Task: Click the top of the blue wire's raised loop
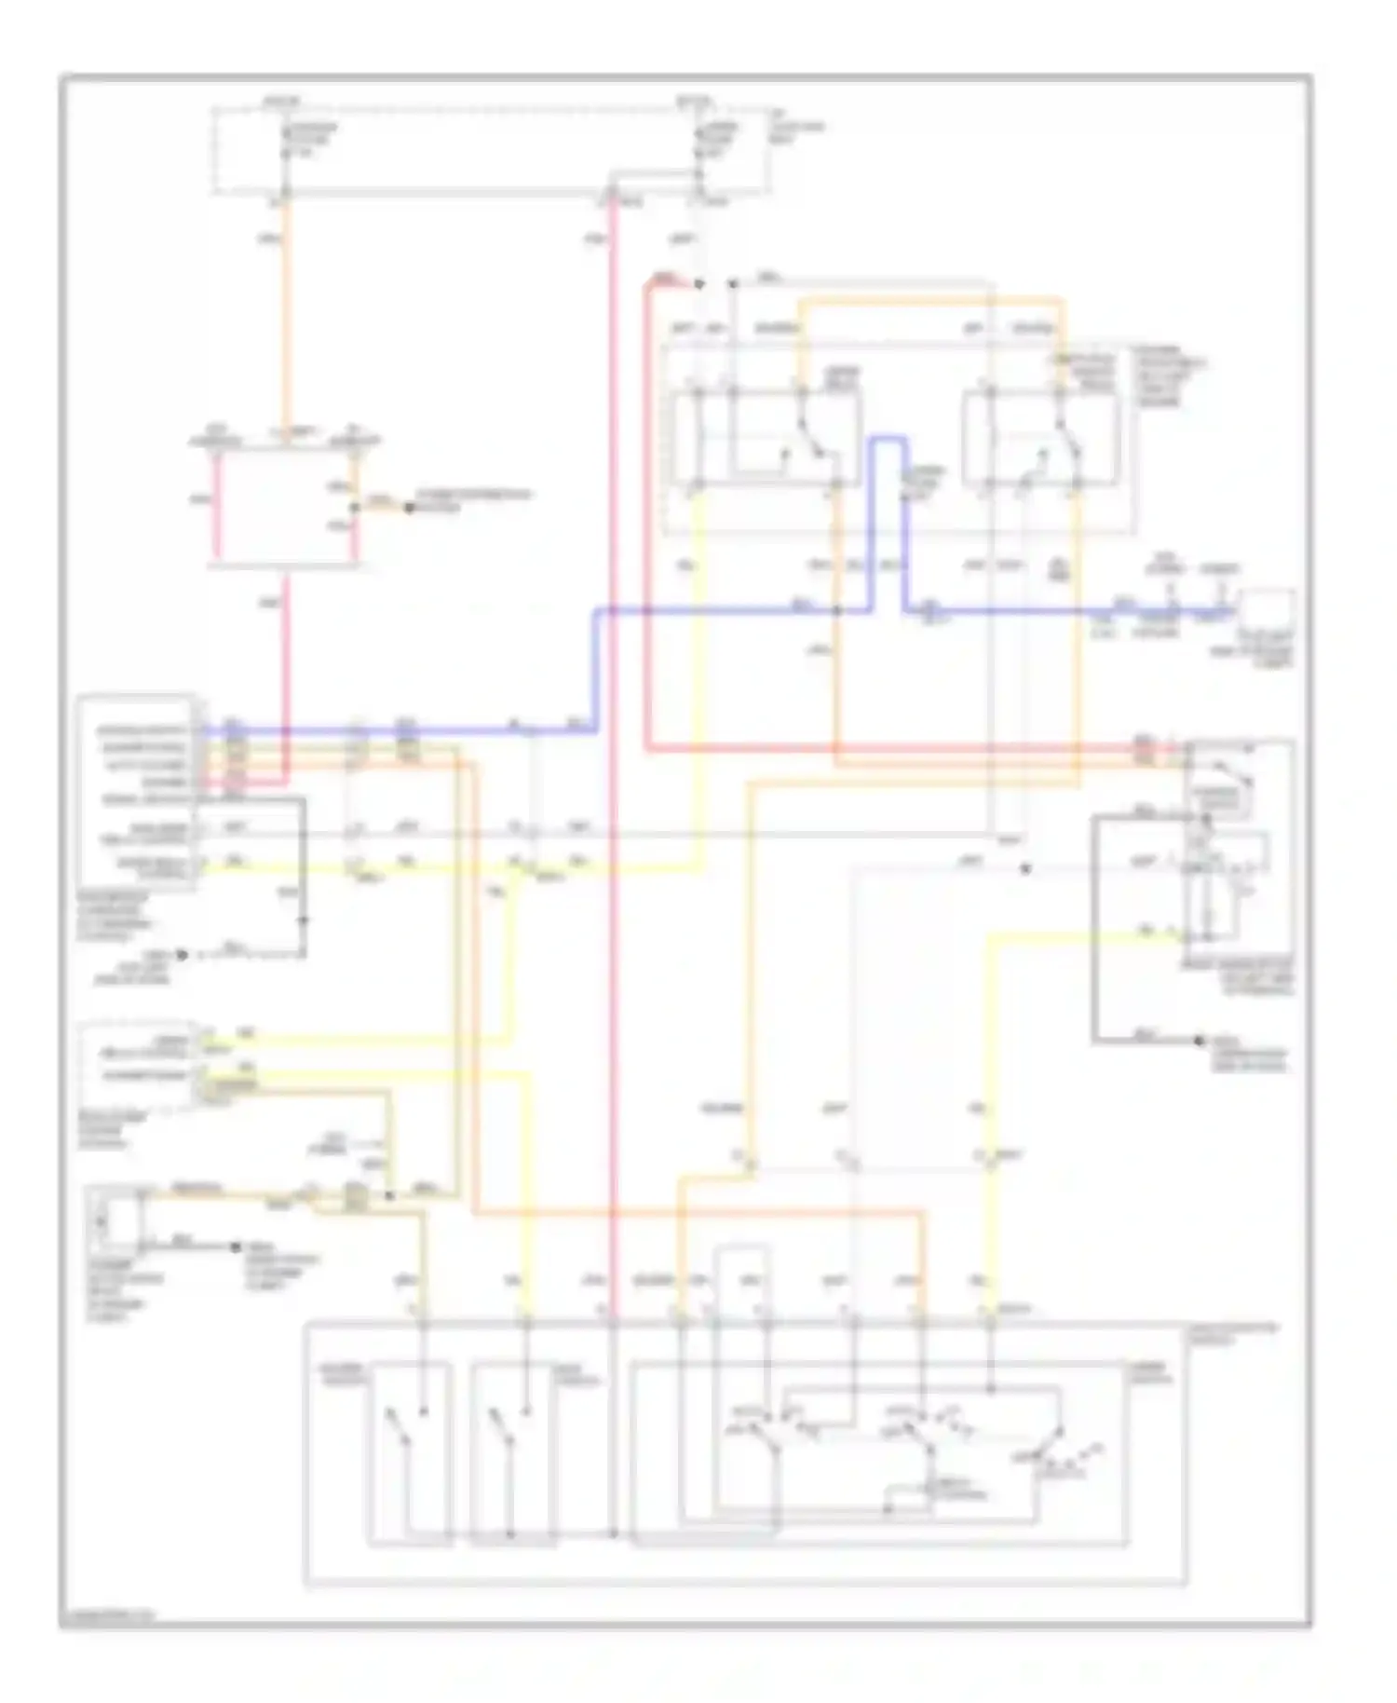[x=888, y=438]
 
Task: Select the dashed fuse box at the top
[x=491, y=150]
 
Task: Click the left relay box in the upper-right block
[x=765, y=438]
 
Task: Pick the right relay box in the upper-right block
[x=1040, y=438]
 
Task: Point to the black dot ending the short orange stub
[x=408, y=508]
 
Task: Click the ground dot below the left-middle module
[x=183, y=955]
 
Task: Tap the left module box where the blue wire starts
[x=137, y=792]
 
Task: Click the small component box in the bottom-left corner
[x=115, y=1219]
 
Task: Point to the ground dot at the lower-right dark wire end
[x=1200, y=1041]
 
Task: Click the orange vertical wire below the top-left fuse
[x=285, y=317]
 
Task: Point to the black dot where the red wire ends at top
[x=699, y=282]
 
